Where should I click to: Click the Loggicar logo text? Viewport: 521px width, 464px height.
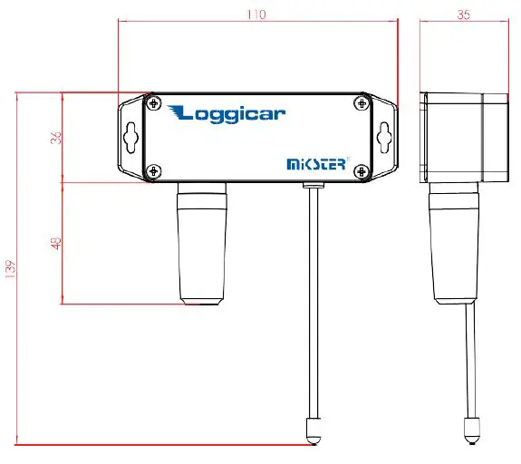[227, 113]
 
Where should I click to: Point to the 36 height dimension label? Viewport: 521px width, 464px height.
[54, 138]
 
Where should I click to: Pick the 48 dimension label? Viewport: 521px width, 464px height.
[54, 243]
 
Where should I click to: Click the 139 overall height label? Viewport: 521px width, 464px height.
[11, 269]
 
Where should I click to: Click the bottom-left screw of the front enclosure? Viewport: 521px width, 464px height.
[155, 169]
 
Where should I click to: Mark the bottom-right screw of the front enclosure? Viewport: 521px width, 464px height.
[362, 169]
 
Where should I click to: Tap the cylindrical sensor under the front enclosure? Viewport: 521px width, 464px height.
[200, 243]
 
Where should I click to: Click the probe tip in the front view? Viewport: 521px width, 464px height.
[313, 430]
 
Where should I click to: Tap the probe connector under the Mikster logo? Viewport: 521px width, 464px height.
[313, 185]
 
